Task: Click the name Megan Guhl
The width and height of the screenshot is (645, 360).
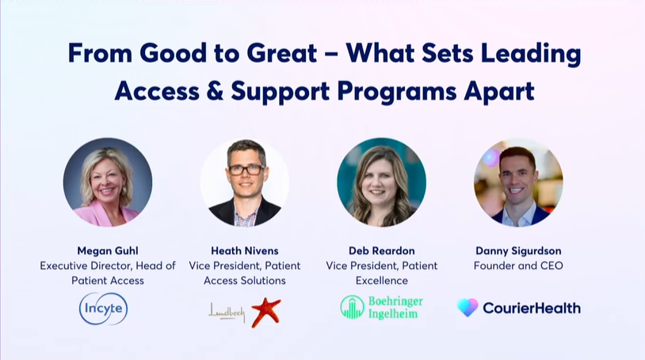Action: click(x=108, y=251)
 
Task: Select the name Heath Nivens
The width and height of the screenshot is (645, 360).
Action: click(x=245, y=251)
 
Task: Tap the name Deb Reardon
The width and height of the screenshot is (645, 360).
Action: click(x=382, y=251)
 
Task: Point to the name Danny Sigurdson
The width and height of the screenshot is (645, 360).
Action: click(x=518, y=251)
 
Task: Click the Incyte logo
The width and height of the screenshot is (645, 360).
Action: click(x=104, y=308)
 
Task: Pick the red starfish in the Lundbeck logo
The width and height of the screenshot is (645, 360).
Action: click(x=265, y=312)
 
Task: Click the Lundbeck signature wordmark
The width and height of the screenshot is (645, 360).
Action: click(x=227, y=312)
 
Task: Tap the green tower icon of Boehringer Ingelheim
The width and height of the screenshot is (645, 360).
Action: click(x=352, y=307)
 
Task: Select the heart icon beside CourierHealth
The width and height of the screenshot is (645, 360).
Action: click(x=468, y=308)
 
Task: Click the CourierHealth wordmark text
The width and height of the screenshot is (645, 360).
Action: click(x=532, y=308)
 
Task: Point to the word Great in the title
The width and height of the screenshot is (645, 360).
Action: click(x=282, y=53)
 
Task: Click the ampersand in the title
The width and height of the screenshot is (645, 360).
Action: click(x=215, y=90)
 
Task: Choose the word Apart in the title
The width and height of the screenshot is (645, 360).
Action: click(x=499, y=91)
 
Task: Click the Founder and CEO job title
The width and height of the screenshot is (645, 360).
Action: click(x=518, y=266)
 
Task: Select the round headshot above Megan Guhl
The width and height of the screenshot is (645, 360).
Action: click(x=108, y=182)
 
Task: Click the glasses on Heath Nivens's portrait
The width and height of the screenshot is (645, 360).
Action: click(x=246, y=169)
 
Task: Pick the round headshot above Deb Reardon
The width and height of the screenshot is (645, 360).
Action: click(x=382, y=182)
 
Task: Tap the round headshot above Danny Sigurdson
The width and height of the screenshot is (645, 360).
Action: click(x=518, y=182)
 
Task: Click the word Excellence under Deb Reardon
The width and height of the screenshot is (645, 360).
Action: click(x=382, y=281)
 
